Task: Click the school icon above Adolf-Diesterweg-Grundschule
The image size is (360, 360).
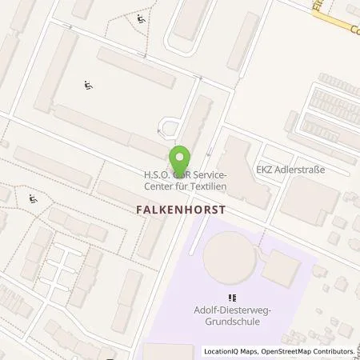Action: click(x=232, y=298)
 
